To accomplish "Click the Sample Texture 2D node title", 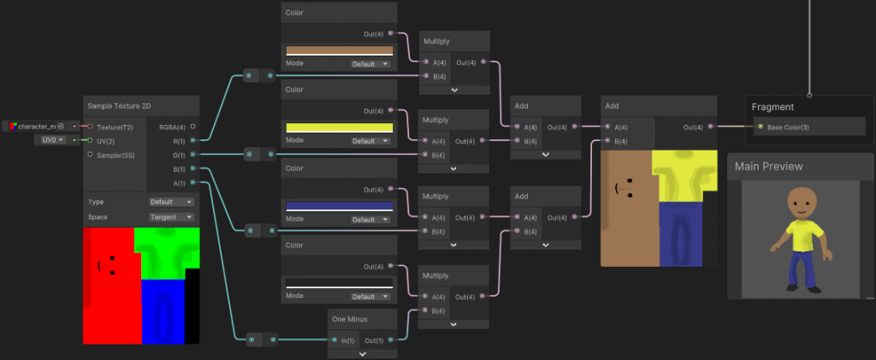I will [122, 105].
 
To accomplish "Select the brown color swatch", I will [339, 50].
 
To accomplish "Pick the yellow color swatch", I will [339, 127].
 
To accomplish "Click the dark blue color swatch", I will [339, 205].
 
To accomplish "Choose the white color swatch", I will [339, 282].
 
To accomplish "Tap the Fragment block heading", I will [773, 107].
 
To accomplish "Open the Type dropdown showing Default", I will [171, 202].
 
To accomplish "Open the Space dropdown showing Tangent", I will [171, 217].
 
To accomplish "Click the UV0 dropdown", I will [50, 139].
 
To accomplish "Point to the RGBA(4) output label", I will [172, 126].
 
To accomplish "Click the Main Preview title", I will [769, 167].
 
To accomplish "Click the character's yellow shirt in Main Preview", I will [802, 233].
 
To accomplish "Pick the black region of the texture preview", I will [192, 308].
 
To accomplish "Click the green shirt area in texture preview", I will [166, 252].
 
